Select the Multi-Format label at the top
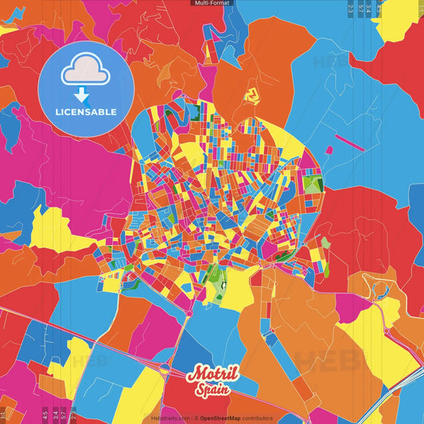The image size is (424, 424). (212, 3)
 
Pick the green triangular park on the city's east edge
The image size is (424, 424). (312, 185)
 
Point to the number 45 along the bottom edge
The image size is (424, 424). (44, 414)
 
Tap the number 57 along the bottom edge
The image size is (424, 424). (64, 414)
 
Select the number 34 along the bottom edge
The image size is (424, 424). (54, 414)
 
